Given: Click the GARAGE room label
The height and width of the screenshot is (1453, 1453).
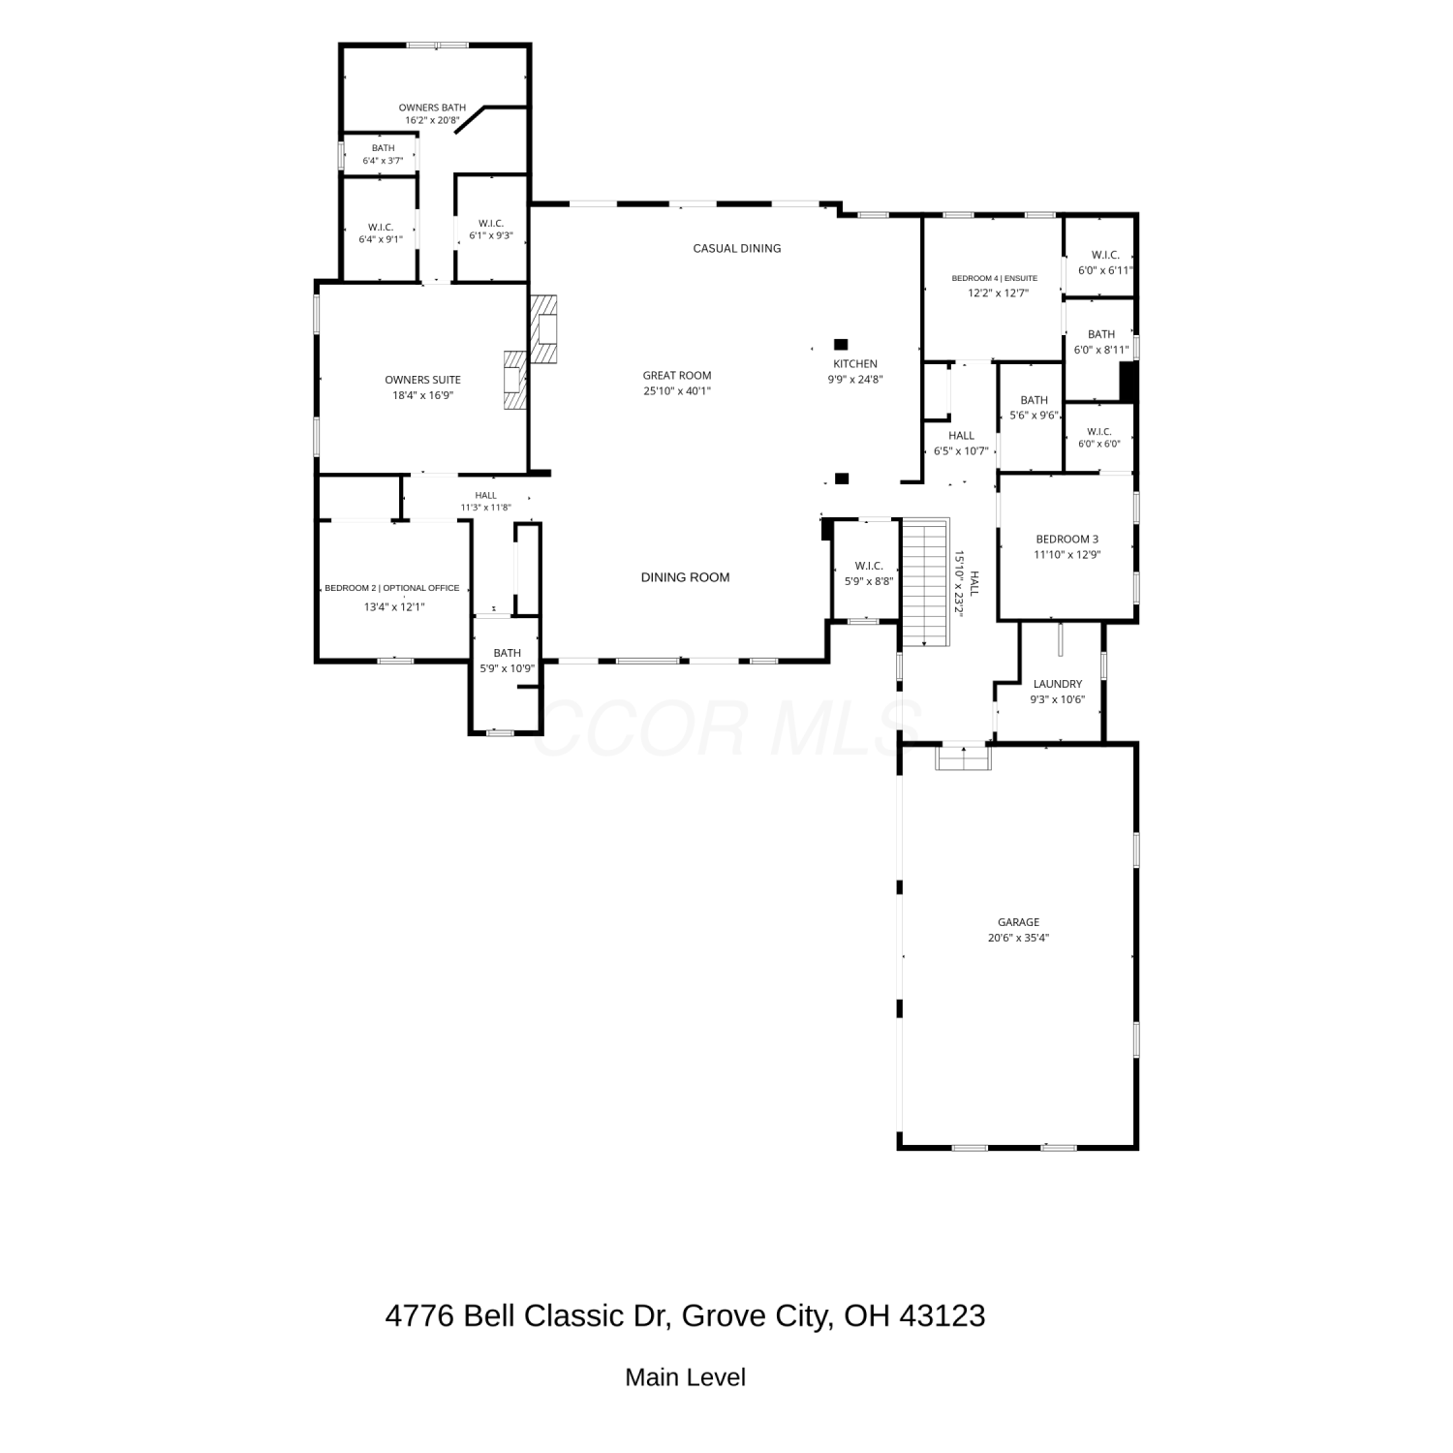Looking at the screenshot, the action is pyautogui.click(x=1019, y=922).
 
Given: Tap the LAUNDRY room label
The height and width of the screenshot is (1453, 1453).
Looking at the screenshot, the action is pyautogui.click(x=1058, y=684).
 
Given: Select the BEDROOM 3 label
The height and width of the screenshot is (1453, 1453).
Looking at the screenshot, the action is pyautogui.click(x=1067, y=540).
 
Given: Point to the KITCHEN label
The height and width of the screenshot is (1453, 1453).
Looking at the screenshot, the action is pyautogui.click(x=855, y=364).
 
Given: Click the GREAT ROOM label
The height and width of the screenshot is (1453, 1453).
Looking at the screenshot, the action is pyautogui.click(x=677, y=376).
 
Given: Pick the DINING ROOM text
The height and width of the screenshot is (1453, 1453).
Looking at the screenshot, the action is pyautogui.click(x=685, y=577).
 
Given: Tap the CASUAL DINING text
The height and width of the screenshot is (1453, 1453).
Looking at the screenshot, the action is pyautogui.click(x=737, y=249).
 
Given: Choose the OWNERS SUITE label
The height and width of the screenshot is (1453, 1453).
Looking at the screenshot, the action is pyautogui.click(x=422, y=380).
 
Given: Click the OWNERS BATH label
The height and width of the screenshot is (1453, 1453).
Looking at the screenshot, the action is pyautogui.click(x=432, y=108).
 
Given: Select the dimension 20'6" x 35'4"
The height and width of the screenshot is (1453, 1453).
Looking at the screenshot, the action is pyautogui.click(x=1019, y=938).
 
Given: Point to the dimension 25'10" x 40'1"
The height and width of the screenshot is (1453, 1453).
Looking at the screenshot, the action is pyautogui.click(x=677, y=391).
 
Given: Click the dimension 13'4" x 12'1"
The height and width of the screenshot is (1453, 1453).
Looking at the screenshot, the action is pyautogui.click(x=394, y=607).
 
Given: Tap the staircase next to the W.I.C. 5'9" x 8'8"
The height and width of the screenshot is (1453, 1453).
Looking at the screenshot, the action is pyautogui.click(x=925, y=583).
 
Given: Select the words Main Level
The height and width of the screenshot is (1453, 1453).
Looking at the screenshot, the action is pyautogui.click(x=686, y=1377).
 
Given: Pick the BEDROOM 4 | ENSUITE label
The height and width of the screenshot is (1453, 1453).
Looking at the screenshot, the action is pyautogui.click(x=994, y=278).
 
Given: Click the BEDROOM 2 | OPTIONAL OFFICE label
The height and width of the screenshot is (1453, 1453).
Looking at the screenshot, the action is pyautogui.click(x=392, y=588).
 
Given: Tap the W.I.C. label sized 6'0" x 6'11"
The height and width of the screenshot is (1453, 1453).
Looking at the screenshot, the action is pyautogui.click(x=1105, y=255).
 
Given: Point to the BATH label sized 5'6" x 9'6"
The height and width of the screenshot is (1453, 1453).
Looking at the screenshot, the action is pyautogui.click(x=1034, y=400).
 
